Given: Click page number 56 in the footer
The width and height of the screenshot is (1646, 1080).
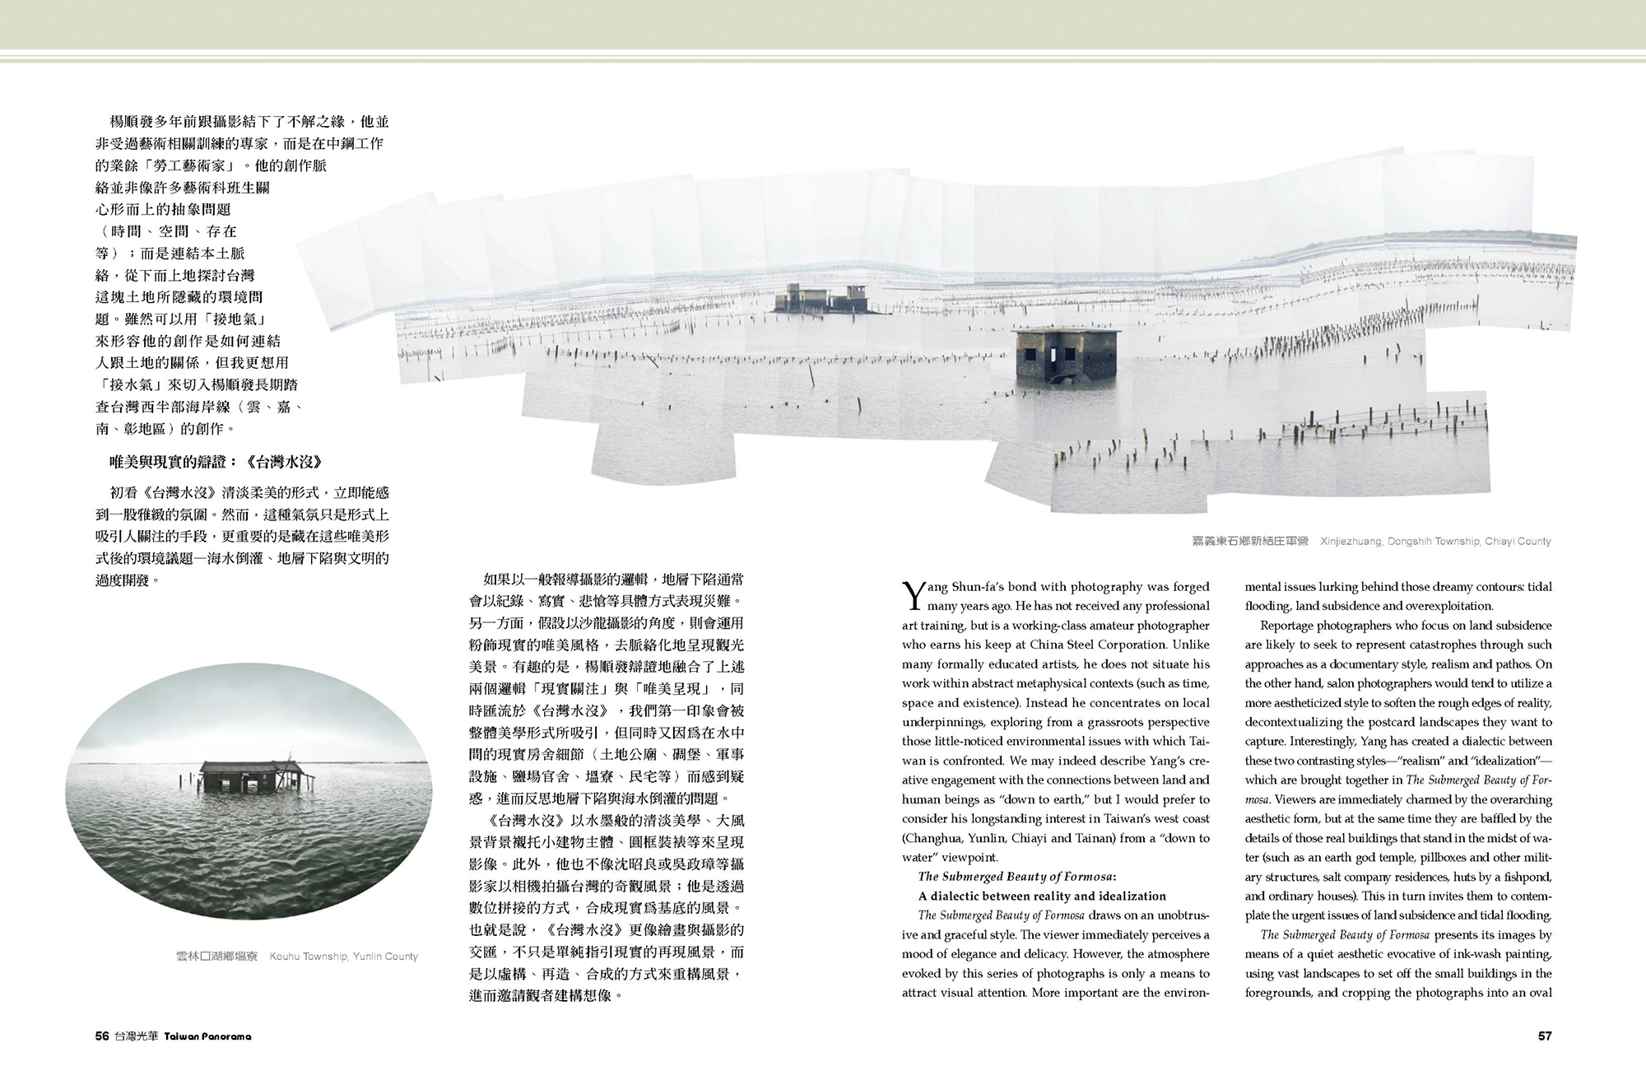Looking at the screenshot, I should (102, 1036).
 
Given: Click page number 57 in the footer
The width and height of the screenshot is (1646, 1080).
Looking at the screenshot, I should (1544, 1036).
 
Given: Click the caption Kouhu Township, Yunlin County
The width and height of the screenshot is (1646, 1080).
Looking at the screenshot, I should (343, 957).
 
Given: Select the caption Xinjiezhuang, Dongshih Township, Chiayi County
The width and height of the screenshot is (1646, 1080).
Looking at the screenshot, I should (1435, 542).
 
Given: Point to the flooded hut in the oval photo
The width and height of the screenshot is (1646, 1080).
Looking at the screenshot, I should (240, 775).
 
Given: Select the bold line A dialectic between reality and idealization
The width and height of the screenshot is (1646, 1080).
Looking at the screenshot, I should (1042, 896).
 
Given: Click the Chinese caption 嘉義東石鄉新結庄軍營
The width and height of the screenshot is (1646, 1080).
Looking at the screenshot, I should (1249, 542).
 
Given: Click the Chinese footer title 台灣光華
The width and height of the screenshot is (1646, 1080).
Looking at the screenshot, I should (137, 1036).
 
